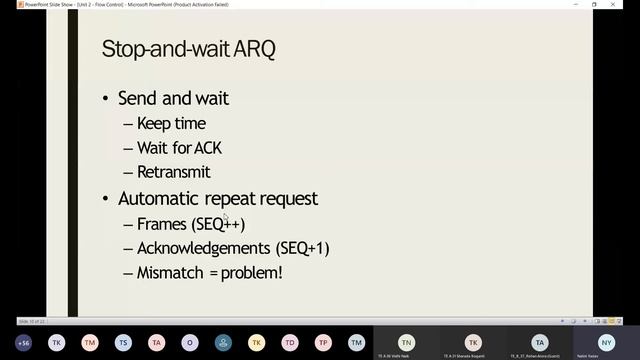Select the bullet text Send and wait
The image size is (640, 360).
[173, 98]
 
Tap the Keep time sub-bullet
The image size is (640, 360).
[171, 123]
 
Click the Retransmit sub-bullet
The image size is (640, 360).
[173, 172]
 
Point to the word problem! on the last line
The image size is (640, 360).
[252, 272]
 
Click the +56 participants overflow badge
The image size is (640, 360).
[23, 342]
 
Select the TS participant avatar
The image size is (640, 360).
[123, 342]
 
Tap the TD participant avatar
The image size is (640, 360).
[290, 342]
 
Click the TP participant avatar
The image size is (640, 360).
[323, 342]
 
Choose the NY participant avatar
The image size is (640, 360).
[606, 342]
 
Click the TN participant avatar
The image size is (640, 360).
[406, 342]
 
